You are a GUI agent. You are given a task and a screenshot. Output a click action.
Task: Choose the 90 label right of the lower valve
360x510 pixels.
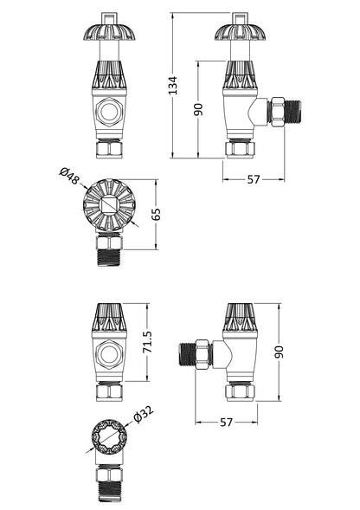click(x=280, y=352)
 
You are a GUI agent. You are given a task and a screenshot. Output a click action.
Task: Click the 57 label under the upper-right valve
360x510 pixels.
click(x=254, y=179)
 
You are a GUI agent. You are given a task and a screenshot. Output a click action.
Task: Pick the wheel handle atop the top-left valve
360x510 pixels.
click(x=106, y=34)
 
